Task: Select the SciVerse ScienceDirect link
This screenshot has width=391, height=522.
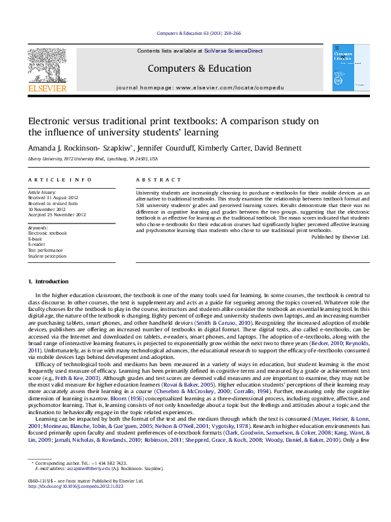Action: click(x=233, y=51)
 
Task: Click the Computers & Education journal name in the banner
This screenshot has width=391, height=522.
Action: click(x=199, y=68)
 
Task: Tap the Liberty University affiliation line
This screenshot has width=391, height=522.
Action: click(x=93, y=159)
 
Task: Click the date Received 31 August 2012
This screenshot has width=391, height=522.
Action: click(x=55, y=197)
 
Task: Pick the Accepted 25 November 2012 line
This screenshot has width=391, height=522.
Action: click(x=57, y=214)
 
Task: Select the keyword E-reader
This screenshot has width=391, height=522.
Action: click(x=37, y=244)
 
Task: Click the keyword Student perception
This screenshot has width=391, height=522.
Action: click(x=48, y=256)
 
